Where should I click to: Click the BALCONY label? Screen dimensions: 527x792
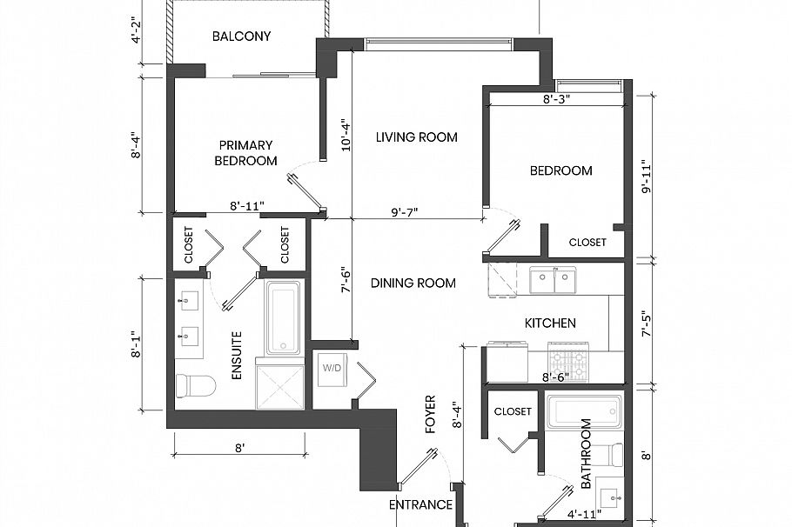(241, 37)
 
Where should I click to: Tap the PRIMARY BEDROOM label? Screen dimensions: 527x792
(246, 153)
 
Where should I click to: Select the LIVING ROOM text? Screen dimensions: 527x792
(416, 137)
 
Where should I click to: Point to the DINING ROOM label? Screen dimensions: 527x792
(413, 283)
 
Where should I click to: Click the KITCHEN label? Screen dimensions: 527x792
(549, 323)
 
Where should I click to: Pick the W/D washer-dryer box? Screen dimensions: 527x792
(332, 368)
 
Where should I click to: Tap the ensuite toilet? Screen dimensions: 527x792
(190, 384)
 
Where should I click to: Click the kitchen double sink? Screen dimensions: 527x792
(554, 281)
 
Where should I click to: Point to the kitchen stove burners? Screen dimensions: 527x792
(567, 359)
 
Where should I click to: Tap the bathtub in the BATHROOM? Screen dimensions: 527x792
(584, 412)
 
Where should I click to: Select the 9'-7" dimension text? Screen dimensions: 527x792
(406, 211)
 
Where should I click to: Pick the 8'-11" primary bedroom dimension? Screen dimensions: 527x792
(247, 207)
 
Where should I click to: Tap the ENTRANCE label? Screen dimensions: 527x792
(420, 504)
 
